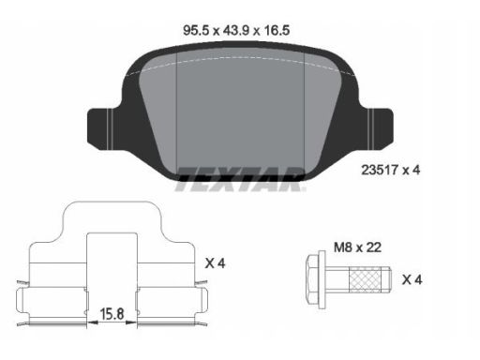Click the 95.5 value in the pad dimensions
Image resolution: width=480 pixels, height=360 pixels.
click(x=196, y=31)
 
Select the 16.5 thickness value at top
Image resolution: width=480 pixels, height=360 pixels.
click(x=277, y=31)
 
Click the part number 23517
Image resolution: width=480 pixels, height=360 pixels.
click(x=380, y=171)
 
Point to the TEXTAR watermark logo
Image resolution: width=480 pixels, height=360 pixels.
click(x=240, y=179)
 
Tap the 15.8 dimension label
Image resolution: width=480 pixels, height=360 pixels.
click(x=112, y=314)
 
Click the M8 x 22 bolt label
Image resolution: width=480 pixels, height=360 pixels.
click(x=357, y=247)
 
